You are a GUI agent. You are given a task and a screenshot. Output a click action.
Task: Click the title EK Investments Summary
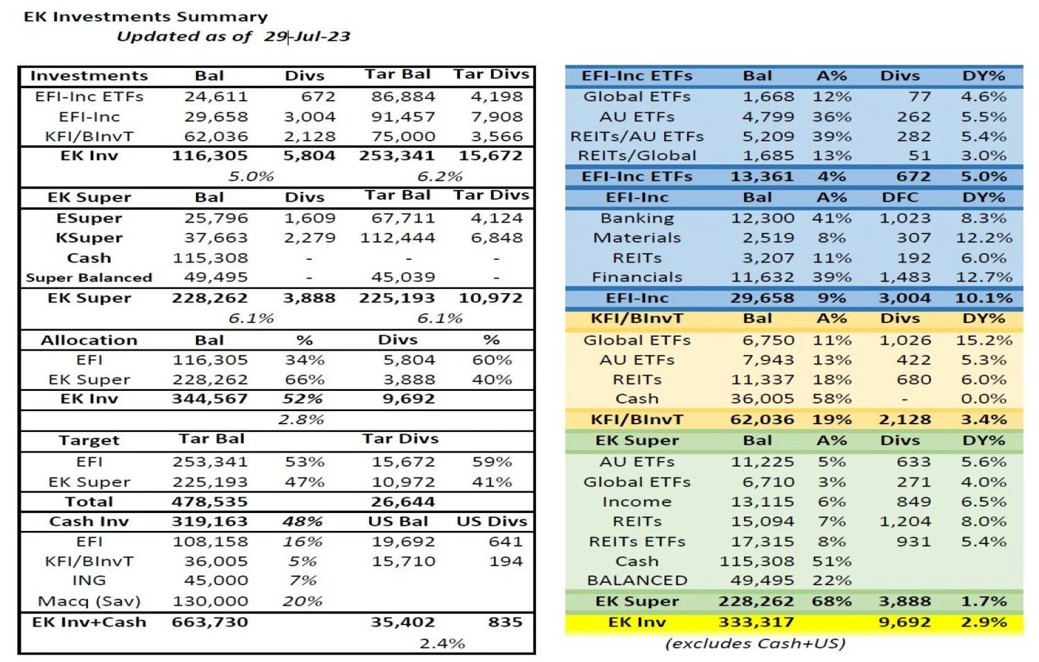point(145,17)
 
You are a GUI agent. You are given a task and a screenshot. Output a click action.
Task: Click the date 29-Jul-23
point(307,36)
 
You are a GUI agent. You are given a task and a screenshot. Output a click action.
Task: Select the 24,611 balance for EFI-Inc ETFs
point(215,96)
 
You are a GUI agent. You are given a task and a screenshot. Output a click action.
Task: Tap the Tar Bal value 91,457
point(403,116)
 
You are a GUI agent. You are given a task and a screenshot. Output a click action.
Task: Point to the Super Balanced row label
point(89,277)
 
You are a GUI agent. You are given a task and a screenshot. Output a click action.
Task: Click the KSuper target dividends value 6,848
point(497,238)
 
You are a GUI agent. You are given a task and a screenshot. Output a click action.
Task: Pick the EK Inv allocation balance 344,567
point(209,399)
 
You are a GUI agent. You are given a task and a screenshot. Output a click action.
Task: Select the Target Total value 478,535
point(209,501)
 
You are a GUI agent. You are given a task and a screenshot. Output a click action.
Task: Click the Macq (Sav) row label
point(89,601)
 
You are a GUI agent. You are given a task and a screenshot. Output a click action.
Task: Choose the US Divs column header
point(492,521)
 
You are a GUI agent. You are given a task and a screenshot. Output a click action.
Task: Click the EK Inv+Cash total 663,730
point(209,622)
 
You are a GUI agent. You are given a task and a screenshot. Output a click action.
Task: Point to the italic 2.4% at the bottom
point(442,643)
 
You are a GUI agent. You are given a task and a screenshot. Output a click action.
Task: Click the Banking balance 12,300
point(763,218)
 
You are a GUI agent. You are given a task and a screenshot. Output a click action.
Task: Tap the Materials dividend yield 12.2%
point(984,238)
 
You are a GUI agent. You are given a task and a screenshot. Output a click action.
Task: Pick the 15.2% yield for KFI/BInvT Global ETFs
point(984,340)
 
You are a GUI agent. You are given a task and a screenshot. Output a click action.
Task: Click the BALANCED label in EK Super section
point(637,580)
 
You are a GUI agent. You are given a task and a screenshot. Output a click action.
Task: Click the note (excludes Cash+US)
point(755,643)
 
